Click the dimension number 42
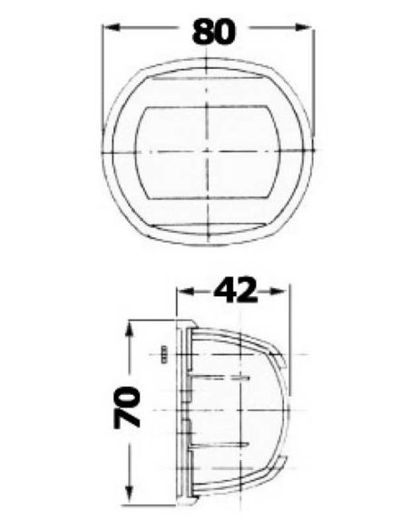[234, 291]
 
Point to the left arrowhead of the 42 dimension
[182, 292]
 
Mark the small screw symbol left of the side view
[165, 353]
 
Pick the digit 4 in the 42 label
[222, 291]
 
